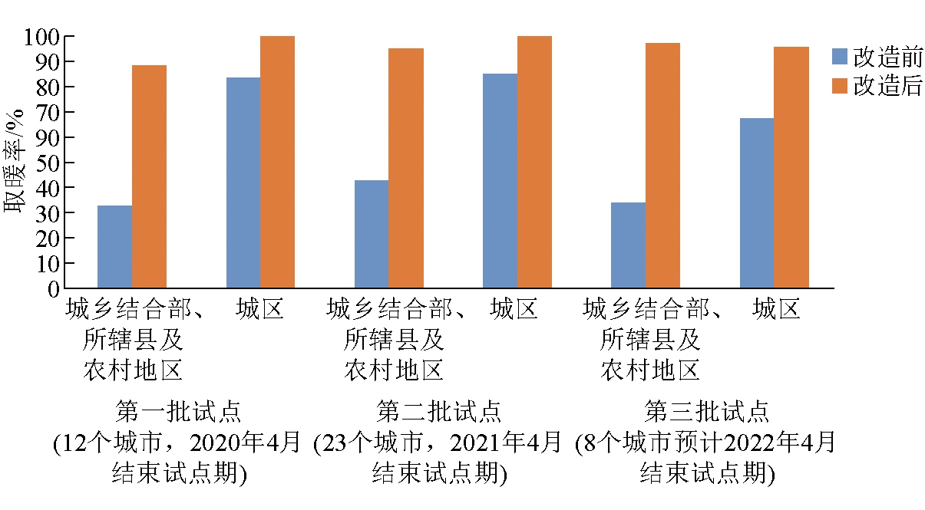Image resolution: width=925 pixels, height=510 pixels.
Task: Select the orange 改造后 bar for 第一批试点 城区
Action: point(277,162)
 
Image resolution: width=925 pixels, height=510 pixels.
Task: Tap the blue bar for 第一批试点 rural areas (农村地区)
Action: point(114,247)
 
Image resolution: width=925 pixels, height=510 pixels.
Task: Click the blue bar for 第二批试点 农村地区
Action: point(372,234)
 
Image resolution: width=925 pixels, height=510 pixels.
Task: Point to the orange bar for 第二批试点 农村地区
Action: point(405,168)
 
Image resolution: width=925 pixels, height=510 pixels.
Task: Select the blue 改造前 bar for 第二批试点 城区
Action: point(500,181)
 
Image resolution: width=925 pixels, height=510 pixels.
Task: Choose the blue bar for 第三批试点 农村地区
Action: point(628,245)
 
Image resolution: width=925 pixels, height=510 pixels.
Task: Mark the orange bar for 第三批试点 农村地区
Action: point(662,166)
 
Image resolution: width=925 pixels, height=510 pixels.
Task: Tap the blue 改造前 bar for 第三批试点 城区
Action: point(756,203)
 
